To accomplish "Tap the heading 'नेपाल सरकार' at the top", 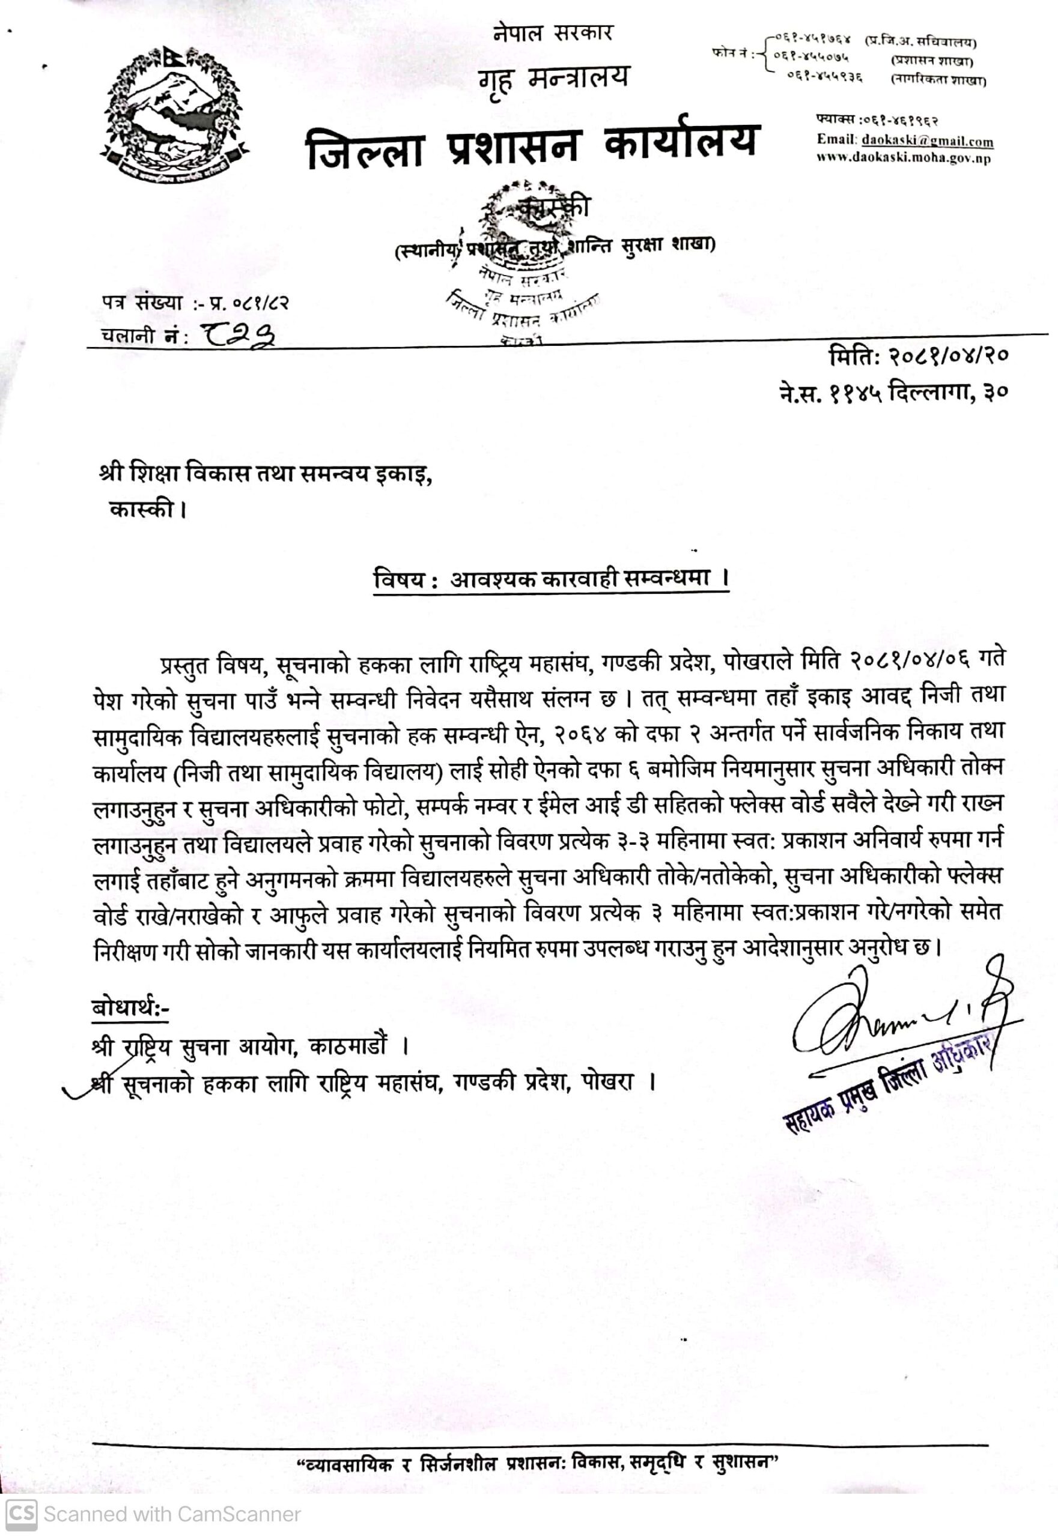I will click(x=553, y=32).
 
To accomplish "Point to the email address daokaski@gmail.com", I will click(x=928, y=141).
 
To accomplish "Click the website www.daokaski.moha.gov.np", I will click(x=904, y=159).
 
